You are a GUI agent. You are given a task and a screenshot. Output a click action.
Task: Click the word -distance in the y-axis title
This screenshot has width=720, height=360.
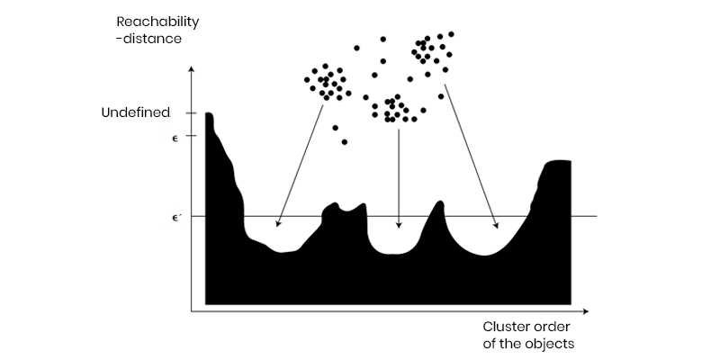[x=148, y=39]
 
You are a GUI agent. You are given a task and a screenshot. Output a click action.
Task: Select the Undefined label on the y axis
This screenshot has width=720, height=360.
[x=136, y=113]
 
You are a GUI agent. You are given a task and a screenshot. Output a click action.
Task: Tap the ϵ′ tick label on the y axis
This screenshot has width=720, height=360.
[x=175, y=218]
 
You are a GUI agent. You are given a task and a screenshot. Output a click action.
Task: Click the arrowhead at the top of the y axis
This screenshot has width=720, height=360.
[x=192, y=69]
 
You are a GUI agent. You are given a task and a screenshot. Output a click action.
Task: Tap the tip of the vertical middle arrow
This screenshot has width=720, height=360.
[x=399, y=228]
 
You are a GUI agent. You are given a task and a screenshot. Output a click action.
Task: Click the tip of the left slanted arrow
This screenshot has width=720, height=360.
[x=276, y=227]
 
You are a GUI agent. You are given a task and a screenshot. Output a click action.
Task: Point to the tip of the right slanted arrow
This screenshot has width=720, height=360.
[x=498, y=228]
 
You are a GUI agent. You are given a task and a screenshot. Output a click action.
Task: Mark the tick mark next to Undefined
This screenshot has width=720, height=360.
[x=192, y=113]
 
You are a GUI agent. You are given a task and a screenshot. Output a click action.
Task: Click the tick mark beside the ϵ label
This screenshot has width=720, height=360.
[x=192, y=136]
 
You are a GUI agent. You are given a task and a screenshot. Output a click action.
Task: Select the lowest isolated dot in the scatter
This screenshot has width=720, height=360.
[x=345, y=142]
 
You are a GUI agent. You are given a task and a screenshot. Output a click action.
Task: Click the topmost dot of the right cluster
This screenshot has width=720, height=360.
[x=451, y=34]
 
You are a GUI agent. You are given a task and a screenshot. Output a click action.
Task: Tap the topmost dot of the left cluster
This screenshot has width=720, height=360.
[x=325, y=66]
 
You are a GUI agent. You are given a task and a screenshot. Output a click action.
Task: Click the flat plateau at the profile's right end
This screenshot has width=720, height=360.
[x=557, y=162]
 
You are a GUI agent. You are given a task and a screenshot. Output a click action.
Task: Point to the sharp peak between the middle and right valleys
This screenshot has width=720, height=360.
[x=440, y=202]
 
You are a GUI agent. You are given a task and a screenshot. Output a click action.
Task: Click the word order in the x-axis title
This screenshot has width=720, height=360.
[x=553, y=327]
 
